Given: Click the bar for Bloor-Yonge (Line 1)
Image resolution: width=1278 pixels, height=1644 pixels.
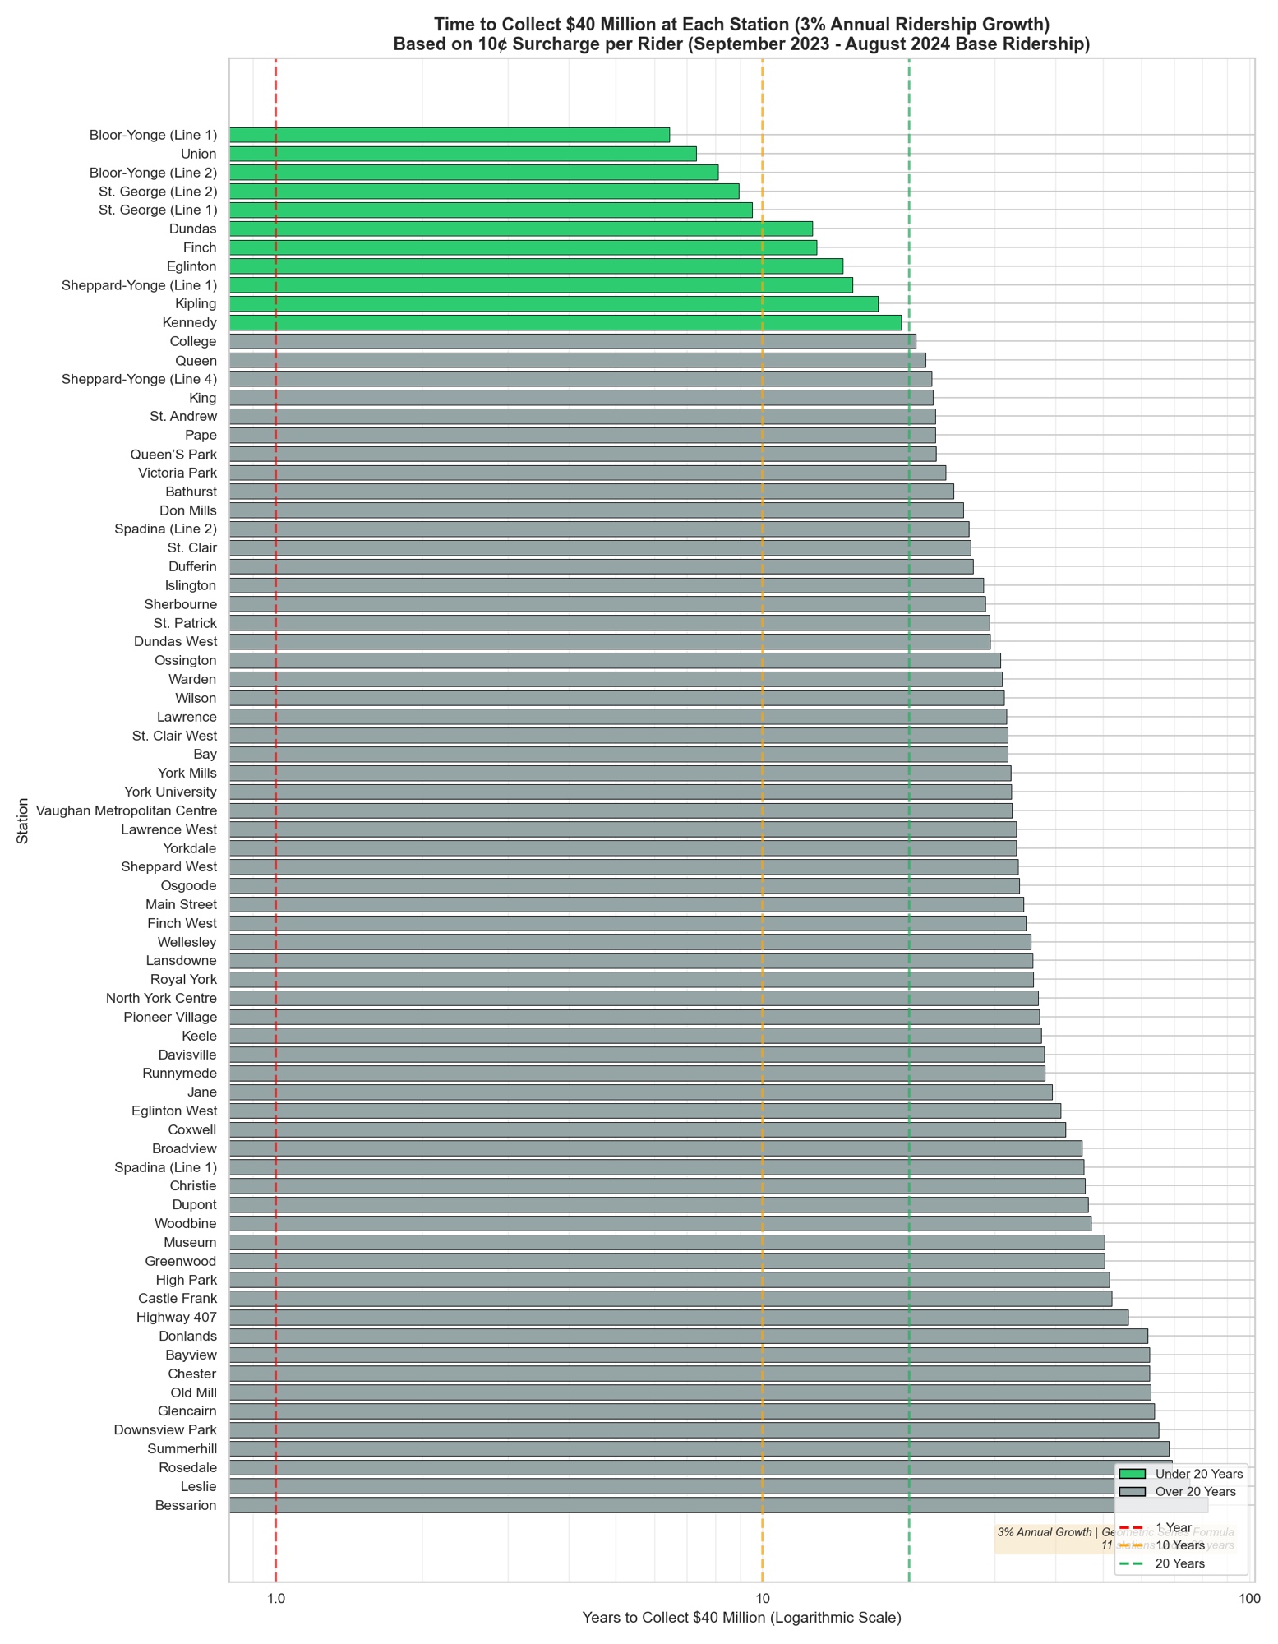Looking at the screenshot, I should (x=449, y=135).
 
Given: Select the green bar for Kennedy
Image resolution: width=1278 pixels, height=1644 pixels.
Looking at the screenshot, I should (x=565, y=323).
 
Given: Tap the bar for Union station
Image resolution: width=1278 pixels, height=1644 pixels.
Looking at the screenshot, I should (x=462, y=154).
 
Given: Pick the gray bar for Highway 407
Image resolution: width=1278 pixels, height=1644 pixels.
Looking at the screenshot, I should (x=678, y=1318).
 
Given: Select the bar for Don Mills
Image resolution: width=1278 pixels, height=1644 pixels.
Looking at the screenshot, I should (x=596, y=510).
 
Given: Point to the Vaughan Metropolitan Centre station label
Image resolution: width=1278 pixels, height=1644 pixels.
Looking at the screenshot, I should (x=127, y=811).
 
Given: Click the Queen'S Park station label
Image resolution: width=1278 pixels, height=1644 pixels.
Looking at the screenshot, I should (x=173, y=455).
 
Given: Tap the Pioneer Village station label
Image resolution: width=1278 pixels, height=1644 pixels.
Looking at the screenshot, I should (x=170, y=1018).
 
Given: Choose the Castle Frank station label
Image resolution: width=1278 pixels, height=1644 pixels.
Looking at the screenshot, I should (x=178, y=1299).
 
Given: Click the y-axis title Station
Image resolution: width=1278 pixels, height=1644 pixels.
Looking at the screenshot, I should (x=23, y=820).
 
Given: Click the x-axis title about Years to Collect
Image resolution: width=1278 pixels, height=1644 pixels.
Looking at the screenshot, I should (x=741, y=1619).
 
